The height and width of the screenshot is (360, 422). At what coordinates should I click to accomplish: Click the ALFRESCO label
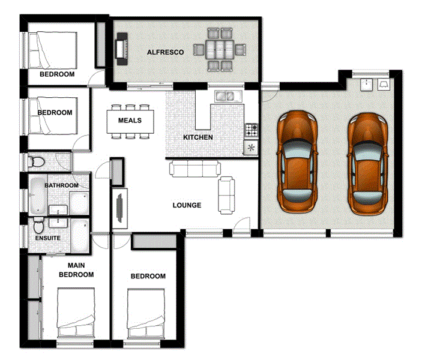(165, 53)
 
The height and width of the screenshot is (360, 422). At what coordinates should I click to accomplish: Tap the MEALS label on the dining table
(130, 121)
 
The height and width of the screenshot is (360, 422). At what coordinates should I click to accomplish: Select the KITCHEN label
(198, 137)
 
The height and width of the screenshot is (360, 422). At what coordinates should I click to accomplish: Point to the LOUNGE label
(187, 205)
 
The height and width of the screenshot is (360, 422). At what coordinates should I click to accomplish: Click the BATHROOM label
(61, 185)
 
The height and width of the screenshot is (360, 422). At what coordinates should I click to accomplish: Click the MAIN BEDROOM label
(80, 270)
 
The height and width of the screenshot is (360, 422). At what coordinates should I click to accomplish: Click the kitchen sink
(226, 95)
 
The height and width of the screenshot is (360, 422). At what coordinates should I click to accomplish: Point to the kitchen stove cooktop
(250, 129)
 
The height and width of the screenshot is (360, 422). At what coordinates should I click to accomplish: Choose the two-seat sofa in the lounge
(227, 194)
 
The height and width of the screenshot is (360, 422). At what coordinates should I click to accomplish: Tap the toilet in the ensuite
(38, 227)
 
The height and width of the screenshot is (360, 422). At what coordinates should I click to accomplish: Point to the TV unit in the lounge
(121, 208)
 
